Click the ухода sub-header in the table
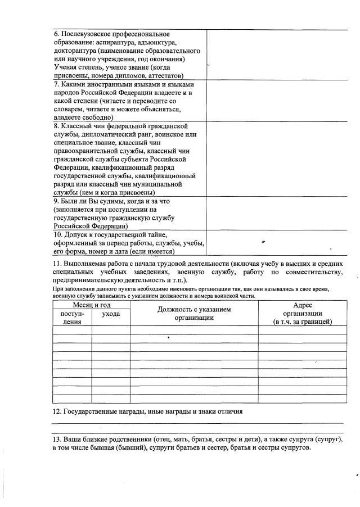tap(111, 314)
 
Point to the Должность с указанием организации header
tap(194, 313)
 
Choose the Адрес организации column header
tap(302, 313)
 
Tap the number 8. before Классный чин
tap(57, 126)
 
